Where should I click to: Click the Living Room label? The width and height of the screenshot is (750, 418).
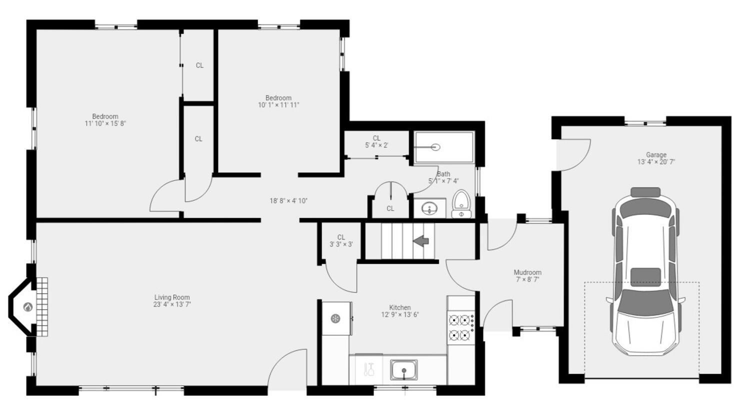tap(172, 297)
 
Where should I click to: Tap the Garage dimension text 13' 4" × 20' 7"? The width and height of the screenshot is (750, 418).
tap(656, 162)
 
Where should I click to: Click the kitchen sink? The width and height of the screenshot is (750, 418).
tap(404, 370)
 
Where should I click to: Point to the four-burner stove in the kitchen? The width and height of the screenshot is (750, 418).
tap(460, 327)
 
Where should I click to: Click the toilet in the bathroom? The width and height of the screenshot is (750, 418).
tap(461, 204)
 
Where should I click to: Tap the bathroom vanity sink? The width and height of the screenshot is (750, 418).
tap(429, 208)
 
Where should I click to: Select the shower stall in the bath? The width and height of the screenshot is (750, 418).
tap(443, 147)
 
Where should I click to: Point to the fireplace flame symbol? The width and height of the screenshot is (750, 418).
tap(28, 307)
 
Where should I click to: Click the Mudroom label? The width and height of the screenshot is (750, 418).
tap(527, 272)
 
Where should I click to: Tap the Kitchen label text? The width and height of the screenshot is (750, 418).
tap(400, 308)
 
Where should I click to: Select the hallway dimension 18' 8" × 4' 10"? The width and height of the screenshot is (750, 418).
tap(288, 201)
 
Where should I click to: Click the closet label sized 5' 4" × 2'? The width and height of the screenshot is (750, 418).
tap(376, 145)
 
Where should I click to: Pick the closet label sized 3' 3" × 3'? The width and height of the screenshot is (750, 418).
tap(341, 244)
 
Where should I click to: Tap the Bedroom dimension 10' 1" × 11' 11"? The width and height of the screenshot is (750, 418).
tap(278, 105)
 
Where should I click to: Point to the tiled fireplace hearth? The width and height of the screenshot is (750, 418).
tap(43, 307)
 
